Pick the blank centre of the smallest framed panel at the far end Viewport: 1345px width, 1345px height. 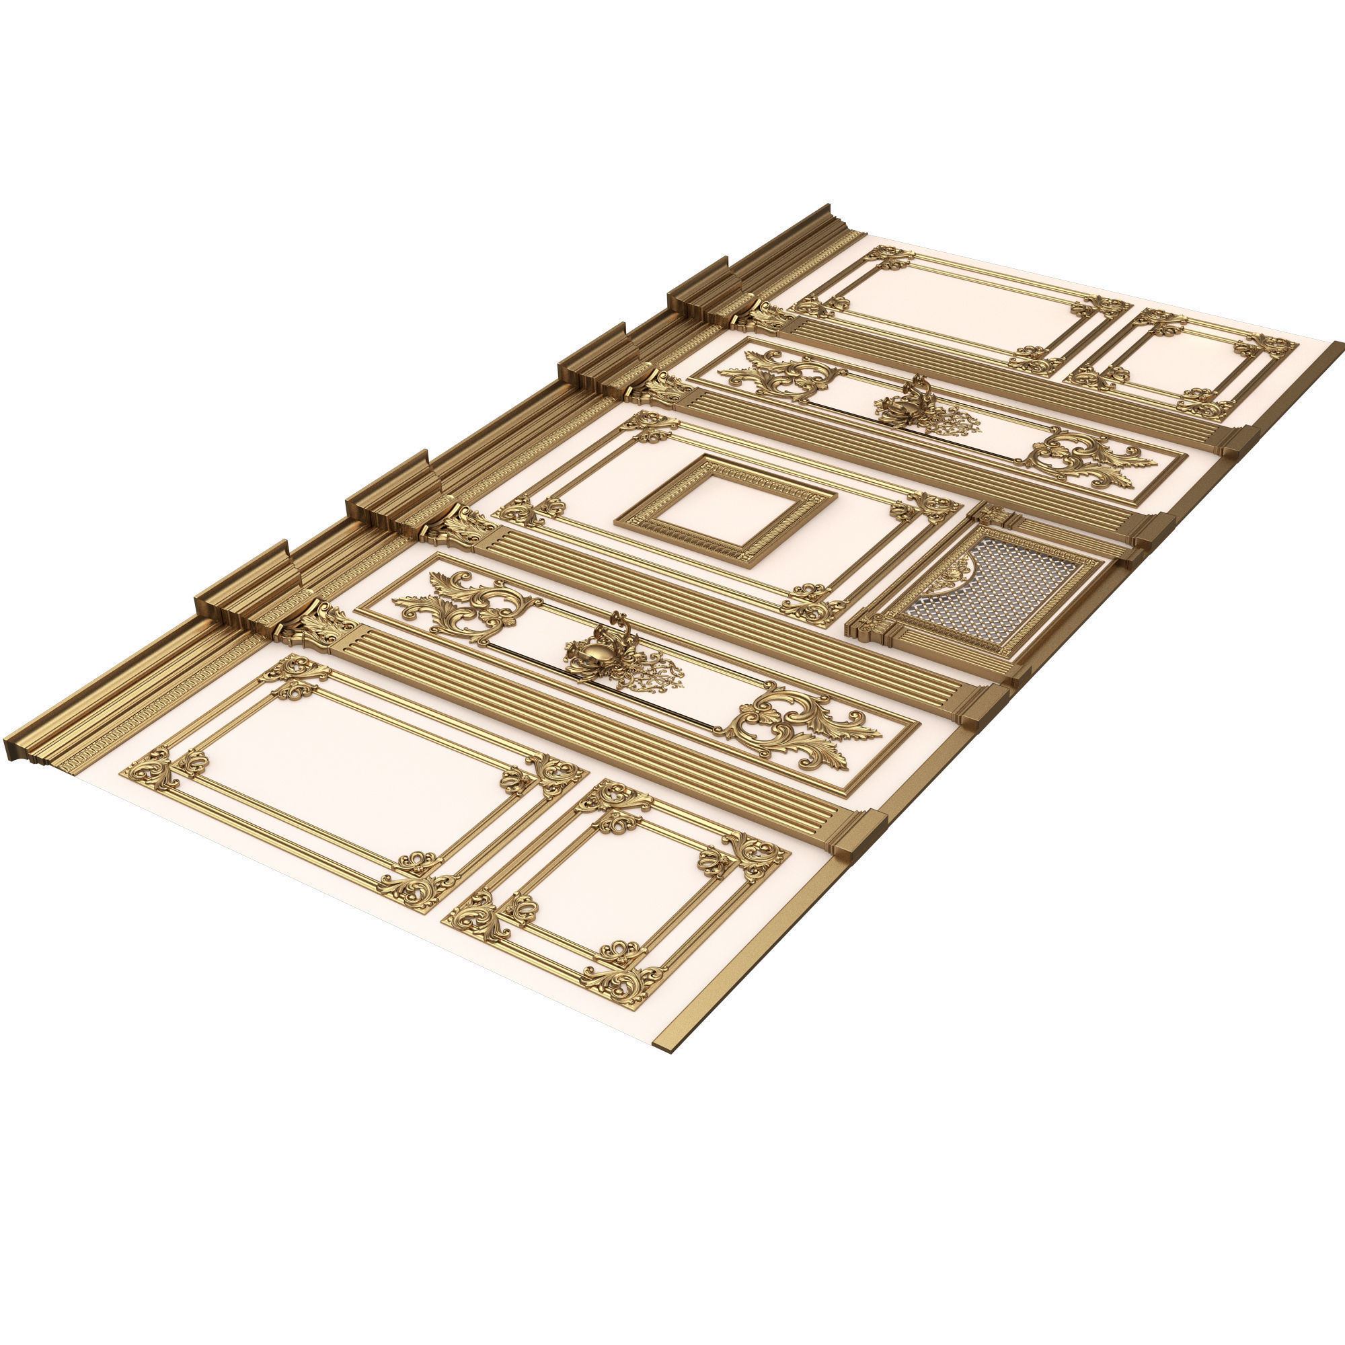1184,362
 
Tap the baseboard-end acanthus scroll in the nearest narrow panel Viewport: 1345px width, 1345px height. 800,728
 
